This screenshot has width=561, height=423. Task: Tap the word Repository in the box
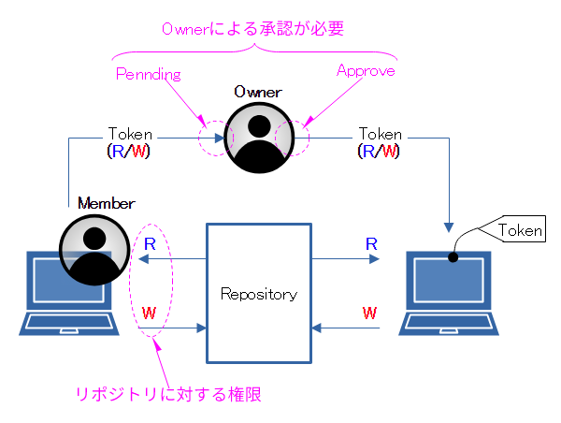[258, 294]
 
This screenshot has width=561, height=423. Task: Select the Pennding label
[147, 72]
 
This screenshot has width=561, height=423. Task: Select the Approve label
[366, 70]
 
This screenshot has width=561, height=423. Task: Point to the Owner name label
[257, 92]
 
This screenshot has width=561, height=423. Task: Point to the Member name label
[106, 203]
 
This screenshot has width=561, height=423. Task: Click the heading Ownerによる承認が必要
[252, 29]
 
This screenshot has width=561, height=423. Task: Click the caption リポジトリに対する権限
[168, 395]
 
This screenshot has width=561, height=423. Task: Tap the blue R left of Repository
[149, 243]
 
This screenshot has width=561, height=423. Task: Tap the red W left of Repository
[149, 311]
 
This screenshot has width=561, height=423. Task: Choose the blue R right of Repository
[371, 243]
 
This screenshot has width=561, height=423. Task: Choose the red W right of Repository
[371, 311]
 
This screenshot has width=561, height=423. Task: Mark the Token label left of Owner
[130, 134]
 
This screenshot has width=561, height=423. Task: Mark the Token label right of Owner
[381, 134]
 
